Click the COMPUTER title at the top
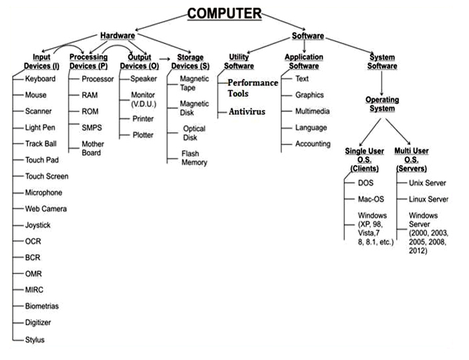coord(224,13)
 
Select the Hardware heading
coord(118,35)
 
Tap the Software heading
coord(308,35)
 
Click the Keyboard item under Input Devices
coord(40,79)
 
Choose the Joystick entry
coord(38,225)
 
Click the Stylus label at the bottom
coord(35,340)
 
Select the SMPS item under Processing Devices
coord(92,128)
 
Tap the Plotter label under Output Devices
coord(142,135)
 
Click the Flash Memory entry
coord(194,158)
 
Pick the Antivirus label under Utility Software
coord(248,112)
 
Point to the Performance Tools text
coord(252,87)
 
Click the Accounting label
coord(313,144)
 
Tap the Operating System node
coord(381,104)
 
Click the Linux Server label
coord(428,199)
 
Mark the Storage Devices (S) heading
coord(190,61)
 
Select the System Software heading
coord(383,61)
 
